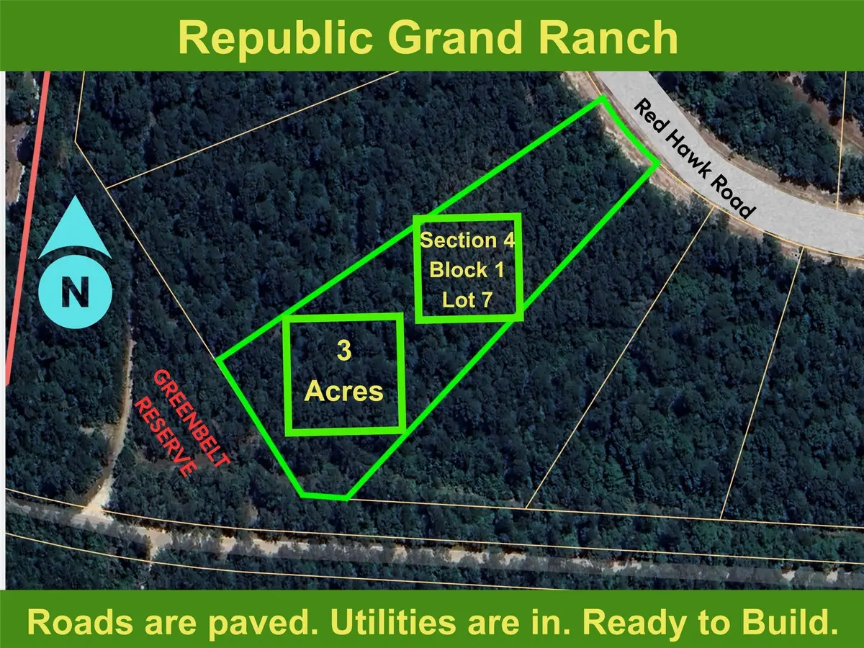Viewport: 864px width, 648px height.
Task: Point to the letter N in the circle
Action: pyautogui.click(x=75, y=294)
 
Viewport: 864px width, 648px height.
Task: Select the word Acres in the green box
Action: pyautogui.click(x=343, y=391)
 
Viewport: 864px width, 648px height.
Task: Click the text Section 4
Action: pyautogui.click(x=467, y=240)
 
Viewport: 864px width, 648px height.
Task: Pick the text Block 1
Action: pyautogui.click(x=467, y=270)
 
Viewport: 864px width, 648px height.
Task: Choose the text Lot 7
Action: pyautogui.click(x=467, y=300)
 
